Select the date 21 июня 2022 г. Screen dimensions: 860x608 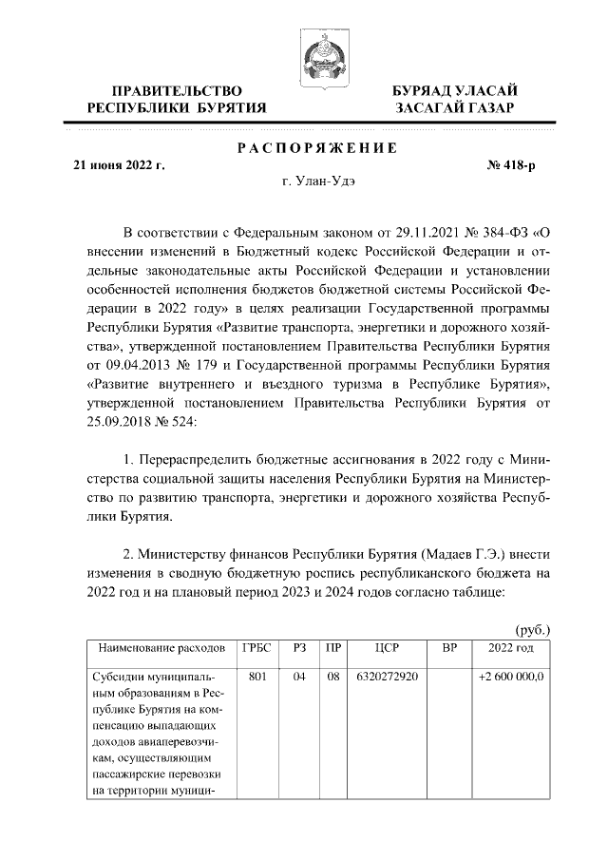[120, 165]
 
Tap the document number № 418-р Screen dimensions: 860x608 [511, 165]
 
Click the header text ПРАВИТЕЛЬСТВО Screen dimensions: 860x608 [175, 89]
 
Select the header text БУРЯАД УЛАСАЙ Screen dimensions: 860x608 [455, 89]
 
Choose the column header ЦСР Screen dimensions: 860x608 [386, 647]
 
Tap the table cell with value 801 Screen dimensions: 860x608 [256, 678]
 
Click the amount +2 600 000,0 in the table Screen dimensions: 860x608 [509, 678]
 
